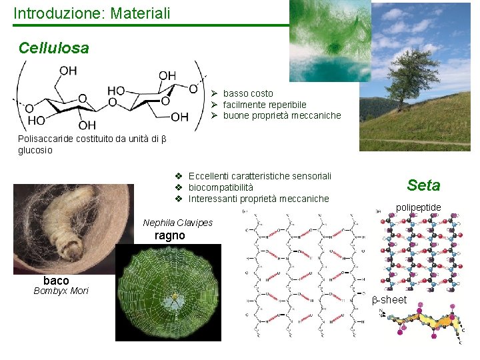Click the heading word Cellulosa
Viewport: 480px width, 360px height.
click(x=53, y=48)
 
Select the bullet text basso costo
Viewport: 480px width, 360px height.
click(x=248, y=93)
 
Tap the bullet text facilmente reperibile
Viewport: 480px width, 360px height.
click(x=265, y=105)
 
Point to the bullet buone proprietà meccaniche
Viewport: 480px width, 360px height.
click(x=281, y=115)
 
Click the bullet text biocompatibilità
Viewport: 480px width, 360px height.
click(x=221, y=187)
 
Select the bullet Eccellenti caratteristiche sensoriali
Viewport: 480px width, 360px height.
click(x=259, y=176)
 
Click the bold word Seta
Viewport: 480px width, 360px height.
click(x=423, y=185)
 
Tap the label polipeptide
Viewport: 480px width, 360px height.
click(x=418, y=207)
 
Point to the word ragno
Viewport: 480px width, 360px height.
click(x=169, y=235)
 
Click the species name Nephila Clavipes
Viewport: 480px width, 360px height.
click(x=177, y=223)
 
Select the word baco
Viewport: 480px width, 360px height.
click(x=56, y=280)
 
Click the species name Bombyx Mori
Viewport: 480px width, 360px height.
click(x=61, y=291)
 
